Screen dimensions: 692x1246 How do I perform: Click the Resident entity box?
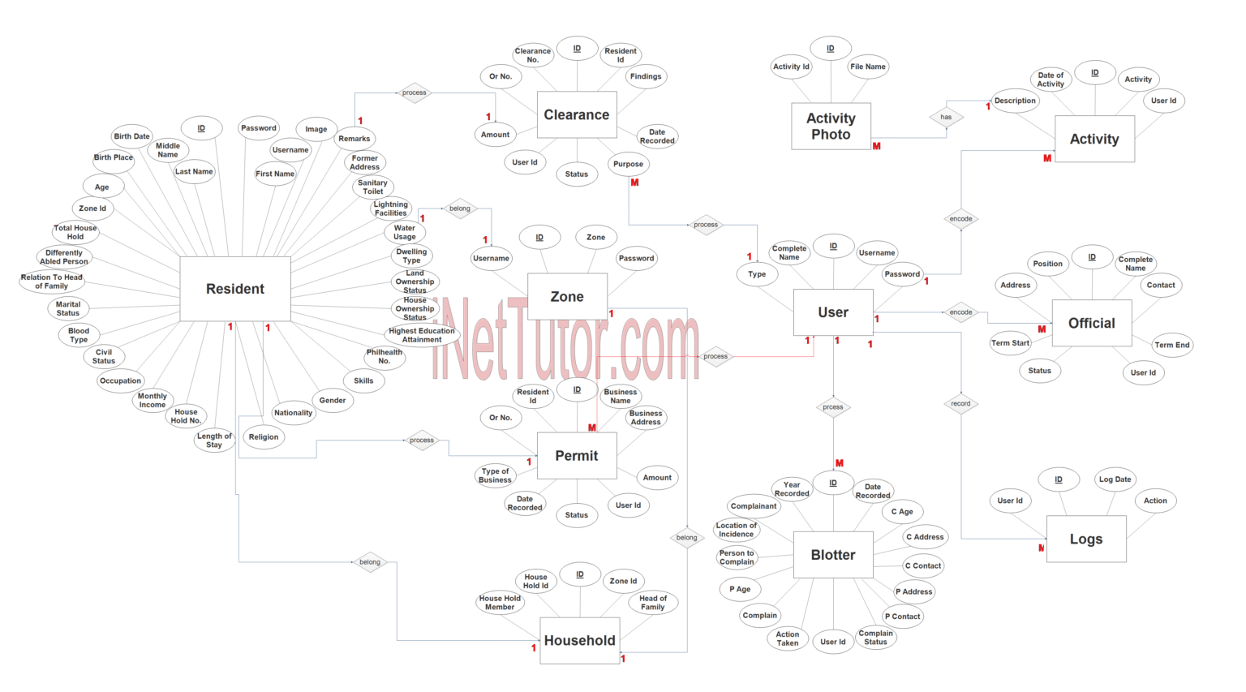[235, 289]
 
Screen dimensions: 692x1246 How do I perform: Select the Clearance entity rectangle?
[577, 114]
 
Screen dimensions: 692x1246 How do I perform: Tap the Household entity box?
[579, 640]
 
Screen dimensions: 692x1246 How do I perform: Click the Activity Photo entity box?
[831, 126]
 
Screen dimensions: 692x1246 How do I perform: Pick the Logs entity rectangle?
[1086, 539]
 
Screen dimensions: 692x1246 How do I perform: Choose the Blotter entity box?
[833, 555]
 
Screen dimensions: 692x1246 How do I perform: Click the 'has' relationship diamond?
[946, 117]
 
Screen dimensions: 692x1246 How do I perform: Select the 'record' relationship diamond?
[960, 403]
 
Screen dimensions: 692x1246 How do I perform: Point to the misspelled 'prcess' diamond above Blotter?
[833, 407]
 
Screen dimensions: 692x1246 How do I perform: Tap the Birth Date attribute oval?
[131, 136]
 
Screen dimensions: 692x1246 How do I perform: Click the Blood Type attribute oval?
[79, 335]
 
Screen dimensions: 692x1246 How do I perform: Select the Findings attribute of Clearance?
[646, 76]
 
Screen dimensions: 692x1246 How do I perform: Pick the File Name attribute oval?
[868, 67]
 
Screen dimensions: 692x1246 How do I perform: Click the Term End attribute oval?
[1172, 345]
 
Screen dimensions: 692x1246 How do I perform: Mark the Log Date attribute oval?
[1115, 479]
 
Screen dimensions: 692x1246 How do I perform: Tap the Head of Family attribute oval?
[653, 603]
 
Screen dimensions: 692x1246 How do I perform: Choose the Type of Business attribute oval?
[496, 475]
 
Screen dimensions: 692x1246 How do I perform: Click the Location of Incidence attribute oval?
[736, 530]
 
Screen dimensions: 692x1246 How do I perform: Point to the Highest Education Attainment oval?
[422, 335]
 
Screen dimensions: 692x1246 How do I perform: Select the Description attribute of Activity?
[1015, 101]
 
